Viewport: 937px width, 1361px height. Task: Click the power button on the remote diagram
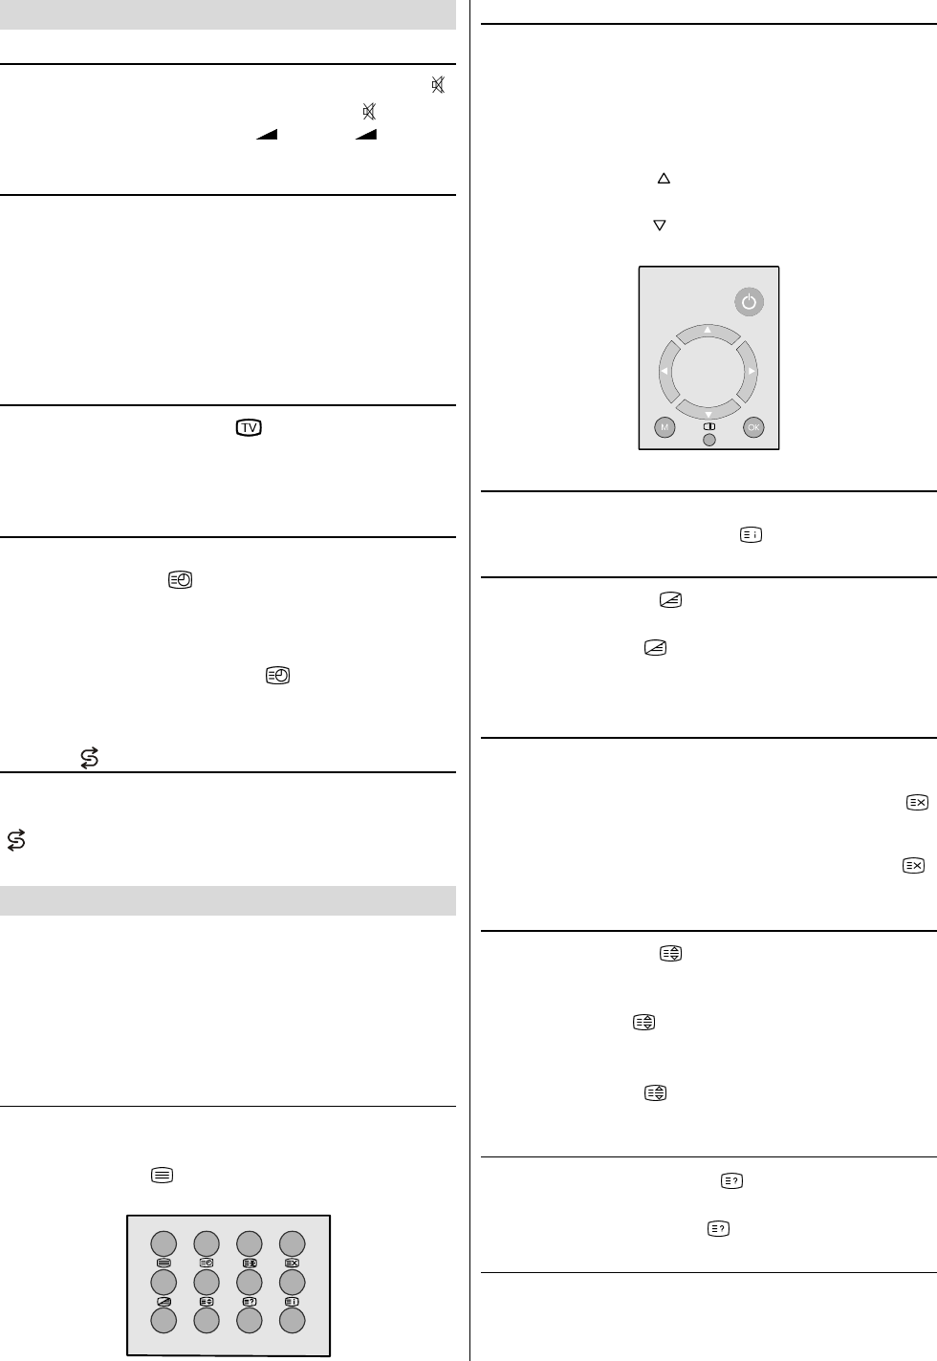coord(749,302)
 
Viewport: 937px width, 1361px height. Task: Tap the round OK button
coord(753,427)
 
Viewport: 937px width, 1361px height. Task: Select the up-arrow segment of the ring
coord(708,334)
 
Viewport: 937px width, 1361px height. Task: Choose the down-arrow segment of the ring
coord(708,410)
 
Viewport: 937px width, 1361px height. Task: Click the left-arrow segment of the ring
coord(668,371)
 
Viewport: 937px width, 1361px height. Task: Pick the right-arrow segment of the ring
coord(748,371)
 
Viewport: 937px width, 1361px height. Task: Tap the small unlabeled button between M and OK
coord(709,440)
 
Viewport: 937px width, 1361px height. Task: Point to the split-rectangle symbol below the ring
coord(709,426)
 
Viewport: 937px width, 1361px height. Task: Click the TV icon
coord(249,428)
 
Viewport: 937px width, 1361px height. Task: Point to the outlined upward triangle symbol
coord(664,179)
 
